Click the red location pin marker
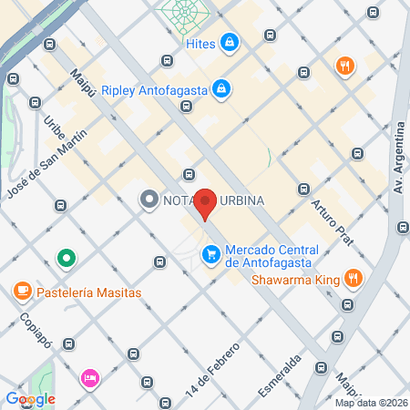click(206, 204)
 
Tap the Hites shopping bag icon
click(231, 42)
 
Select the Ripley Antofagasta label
click(154, 89)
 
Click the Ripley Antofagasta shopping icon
click(220, 89)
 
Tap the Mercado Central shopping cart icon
click(211, 253)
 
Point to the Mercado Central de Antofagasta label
click(272, 256)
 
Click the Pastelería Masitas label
click(89, 292)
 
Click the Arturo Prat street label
click(330, 219)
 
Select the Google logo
click(30, 398)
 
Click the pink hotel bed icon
click(89, 377)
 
